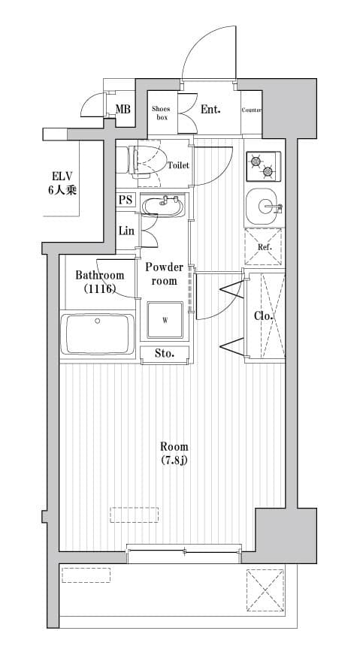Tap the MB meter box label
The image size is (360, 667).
[x=123, y=110]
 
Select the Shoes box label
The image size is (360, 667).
[x=162, y=113]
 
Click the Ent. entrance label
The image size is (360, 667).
[x=210, y=110]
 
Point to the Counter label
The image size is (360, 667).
[x=252, y=110]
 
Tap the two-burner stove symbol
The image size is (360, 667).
[x=263, y=166]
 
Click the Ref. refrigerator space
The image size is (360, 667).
[x=264, y=247]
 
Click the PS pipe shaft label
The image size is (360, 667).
[x=126, y=201]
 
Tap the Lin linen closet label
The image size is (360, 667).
[x=126, y=231]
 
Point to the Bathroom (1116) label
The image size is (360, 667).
[x=99, y=282]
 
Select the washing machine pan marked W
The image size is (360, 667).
[x=165, y=320]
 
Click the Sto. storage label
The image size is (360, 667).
[x=165, y=353]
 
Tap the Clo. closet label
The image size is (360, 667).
[x=264, y=316]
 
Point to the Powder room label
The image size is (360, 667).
[x=164, y=273]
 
